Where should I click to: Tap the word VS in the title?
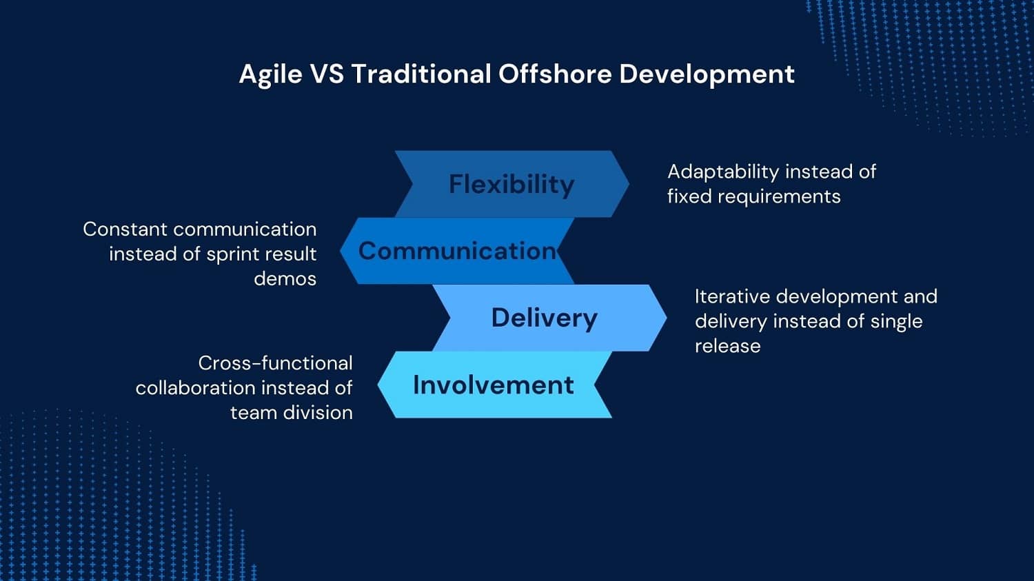327,74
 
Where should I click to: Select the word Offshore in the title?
555,74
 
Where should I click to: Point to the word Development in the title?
707,74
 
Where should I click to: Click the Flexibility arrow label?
511,185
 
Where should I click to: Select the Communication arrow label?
457,251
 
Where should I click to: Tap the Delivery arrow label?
544,318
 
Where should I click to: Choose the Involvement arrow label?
493,385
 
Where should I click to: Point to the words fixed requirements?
753,196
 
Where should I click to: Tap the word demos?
285,278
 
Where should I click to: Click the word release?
727,346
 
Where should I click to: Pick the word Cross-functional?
275,363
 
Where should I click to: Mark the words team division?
291,413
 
